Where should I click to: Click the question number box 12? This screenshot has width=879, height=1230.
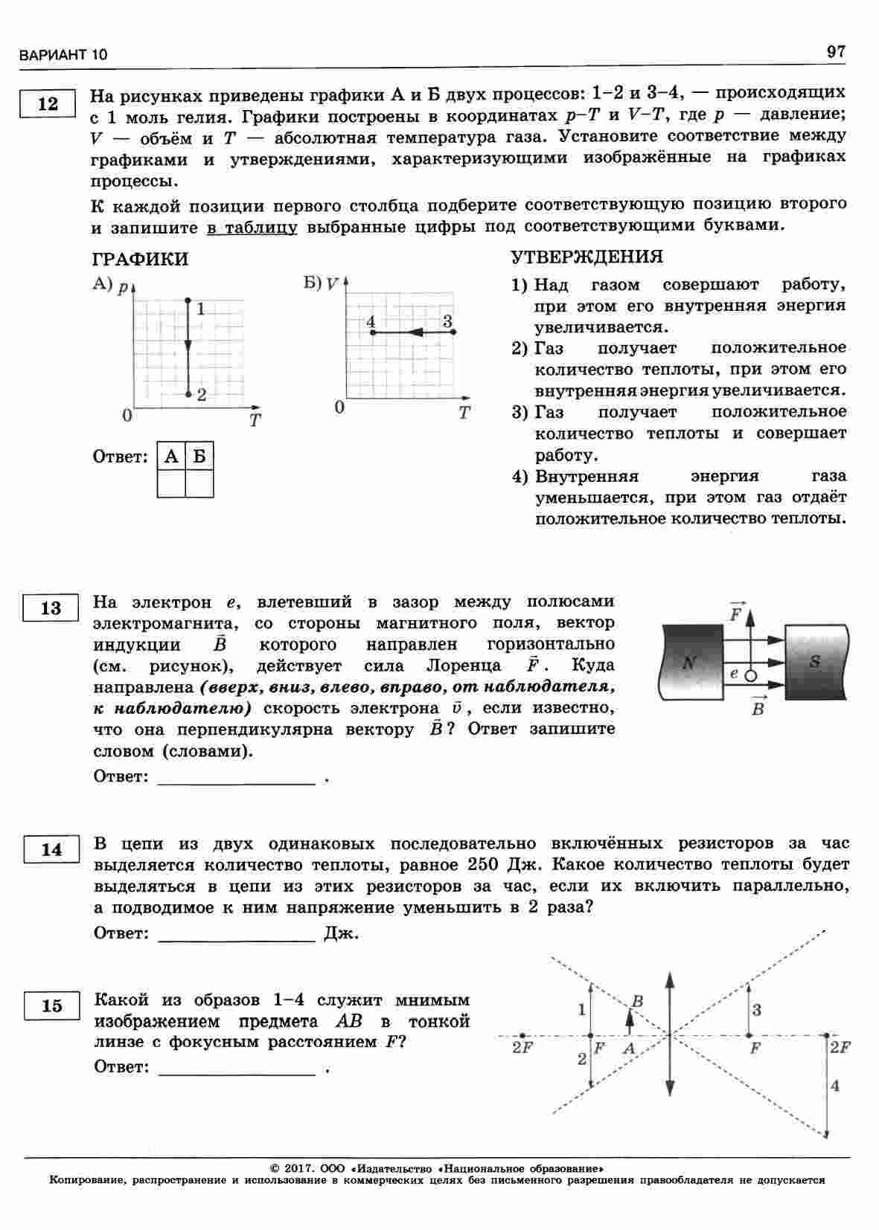coord(48,103)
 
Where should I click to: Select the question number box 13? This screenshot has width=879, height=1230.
coord(51,608)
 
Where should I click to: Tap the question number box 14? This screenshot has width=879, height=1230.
coord(51,849)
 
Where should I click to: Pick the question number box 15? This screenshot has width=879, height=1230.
coord(51,1006)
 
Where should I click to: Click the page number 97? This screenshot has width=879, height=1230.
coord(836,51)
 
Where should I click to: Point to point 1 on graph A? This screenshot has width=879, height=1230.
coord(188,300)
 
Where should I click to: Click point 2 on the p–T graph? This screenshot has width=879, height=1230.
coord(188,394)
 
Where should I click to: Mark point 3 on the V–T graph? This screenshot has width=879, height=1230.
coord(453,332)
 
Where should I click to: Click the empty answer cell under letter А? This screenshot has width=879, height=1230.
coord(172,483)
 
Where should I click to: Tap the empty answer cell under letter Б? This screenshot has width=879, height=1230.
coord(199,483)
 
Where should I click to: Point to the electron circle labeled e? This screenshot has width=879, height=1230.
coord(750,676)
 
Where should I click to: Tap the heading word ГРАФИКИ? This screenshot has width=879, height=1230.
coord(140,260)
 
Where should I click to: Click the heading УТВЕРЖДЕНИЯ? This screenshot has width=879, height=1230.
coord(586,257)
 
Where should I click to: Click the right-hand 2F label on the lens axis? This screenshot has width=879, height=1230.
coord(840,1047)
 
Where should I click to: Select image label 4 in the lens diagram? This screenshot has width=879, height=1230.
coord(835,1086)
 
